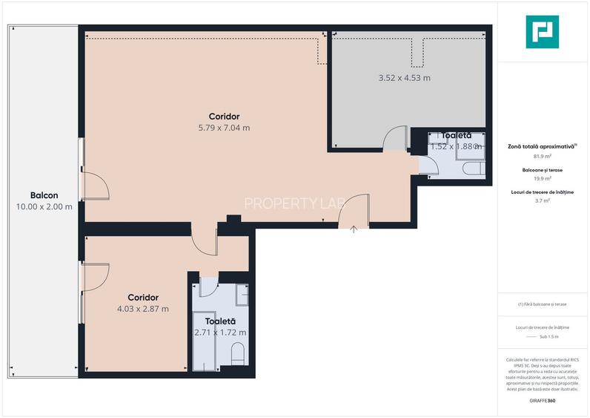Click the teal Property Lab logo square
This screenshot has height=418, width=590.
(x=542, y=32)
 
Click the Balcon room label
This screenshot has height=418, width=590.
(x=44, y=195)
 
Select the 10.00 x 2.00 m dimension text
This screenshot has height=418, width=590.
(x=44, y=206)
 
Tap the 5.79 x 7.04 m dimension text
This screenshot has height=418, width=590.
(x=224, y=128)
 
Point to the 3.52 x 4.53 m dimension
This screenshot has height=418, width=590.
(x=404, y=77)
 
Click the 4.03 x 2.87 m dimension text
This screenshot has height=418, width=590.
(x=143, y=309)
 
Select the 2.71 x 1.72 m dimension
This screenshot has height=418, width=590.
(x=220, y=333)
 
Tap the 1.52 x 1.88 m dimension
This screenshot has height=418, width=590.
(x=456, y=146)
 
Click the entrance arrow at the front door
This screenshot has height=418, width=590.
(x=354, y=229)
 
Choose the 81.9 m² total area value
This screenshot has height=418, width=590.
(x=542, y=157)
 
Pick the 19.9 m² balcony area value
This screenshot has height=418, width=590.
(x=542, y=178)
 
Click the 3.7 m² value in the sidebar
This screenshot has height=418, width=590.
(x=542, y=200)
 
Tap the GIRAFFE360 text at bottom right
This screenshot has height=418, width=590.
(x=542, y=401)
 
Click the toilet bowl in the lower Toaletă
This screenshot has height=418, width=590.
(x=238, y=353)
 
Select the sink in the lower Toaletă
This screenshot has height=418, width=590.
(x=243, y=295)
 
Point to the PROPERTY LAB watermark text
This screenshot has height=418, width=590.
(x=295, y=203)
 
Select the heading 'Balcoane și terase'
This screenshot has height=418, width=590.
(x=542, y=170)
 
